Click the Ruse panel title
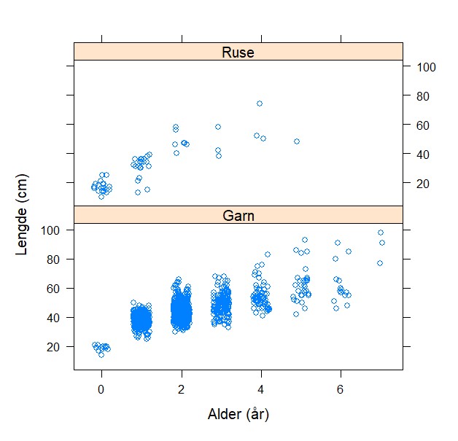click(238, 52)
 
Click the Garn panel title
click(238, 215)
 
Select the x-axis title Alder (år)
click(238, 415)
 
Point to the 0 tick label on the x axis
click(101, 388)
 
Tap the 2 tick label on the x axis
click(181, 388)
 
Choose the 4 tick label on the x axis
click(260, 388)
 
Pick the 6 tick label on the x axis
click(340, 388)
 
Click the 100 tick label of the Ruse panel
click(426, 67)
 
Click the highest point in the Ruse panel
click(260, 104)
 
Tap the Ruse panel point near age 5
click(297, 141)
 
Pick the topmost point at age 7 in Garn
click(381, 233)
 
